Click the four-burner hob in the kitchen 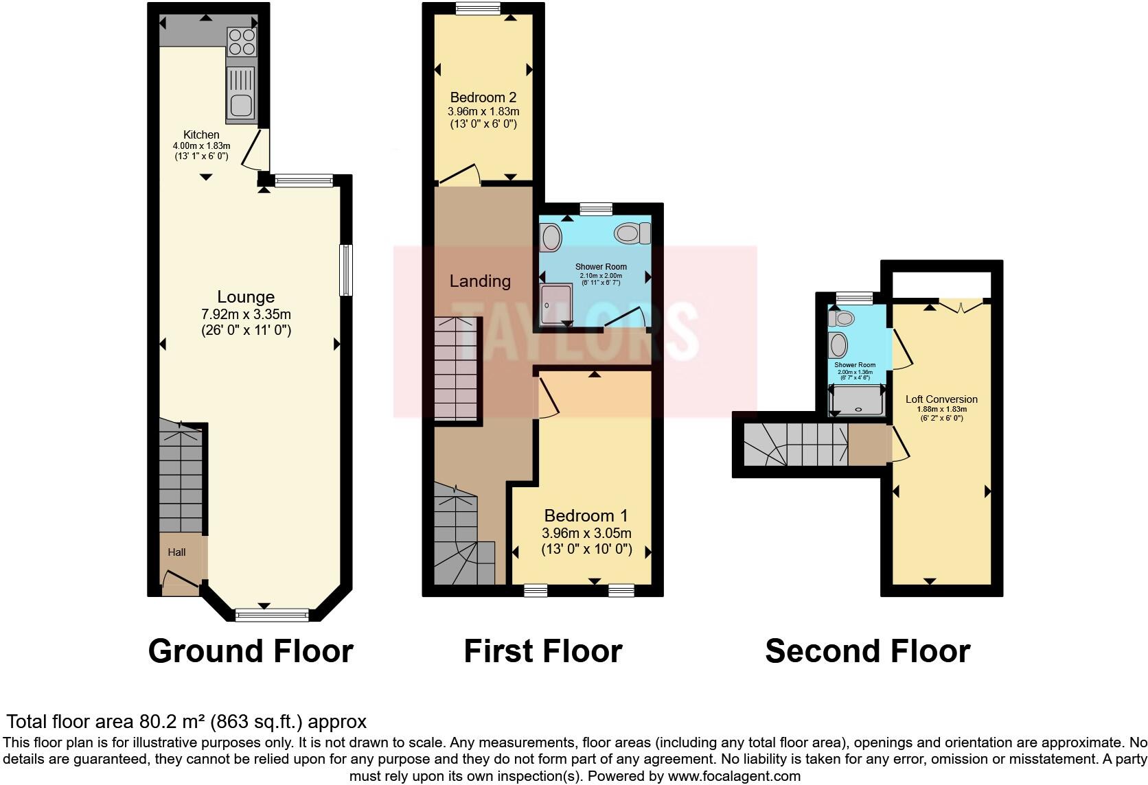[241, 41]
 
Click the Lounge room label [246, 297]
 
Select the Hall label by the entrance [177, 552]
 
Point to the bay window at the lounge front [272, 616]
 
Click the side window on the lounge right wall [347, 270]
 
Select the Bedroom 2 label [483, 97]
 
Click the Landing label [480, 281]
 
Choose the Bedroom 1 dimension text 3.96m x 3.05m [586, 533]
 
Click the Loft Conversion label [941, 399]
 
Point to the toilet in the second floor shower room [841, 318]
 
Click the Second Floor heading [867, 651]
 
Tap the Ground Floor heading [251, 651]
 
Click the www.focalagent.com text [734, 777]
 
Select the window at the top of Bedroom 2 [479, 8]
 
